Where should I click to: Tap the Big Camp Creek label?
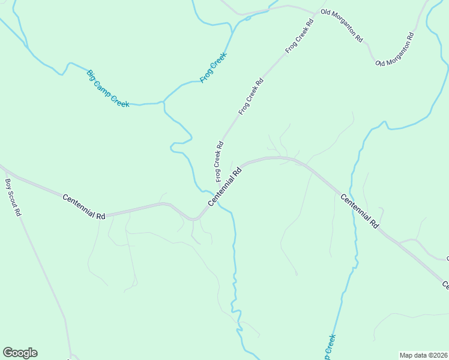(108, 89)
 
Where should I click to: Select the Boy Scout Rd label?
(13, 197)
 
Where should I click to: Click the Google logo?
(20, 353)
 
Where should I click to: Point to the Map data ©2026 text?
(423, 355)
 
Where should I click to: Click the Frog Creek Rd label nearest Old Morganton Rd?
(300, 37)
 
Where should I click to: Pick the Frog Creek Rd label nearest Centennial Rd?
(218, 161)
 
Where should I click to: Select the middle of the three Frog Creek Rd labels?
(251, 97)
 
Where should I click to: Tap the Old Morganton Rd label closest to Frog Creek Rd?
(342, 25)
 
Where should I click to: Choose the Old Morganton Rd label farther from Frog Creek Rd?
(396, 49)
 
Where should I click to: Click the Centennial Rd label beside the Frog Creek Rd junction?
(225, 187)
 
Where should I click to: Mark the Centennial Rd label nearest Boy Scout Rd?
(84, 206)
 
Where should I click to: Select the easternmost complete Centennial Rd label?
(360, 211)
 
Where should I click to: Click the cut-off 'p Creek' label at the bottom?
(330, 347)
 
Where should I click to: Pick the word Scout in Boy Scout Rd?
(13, 197)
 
